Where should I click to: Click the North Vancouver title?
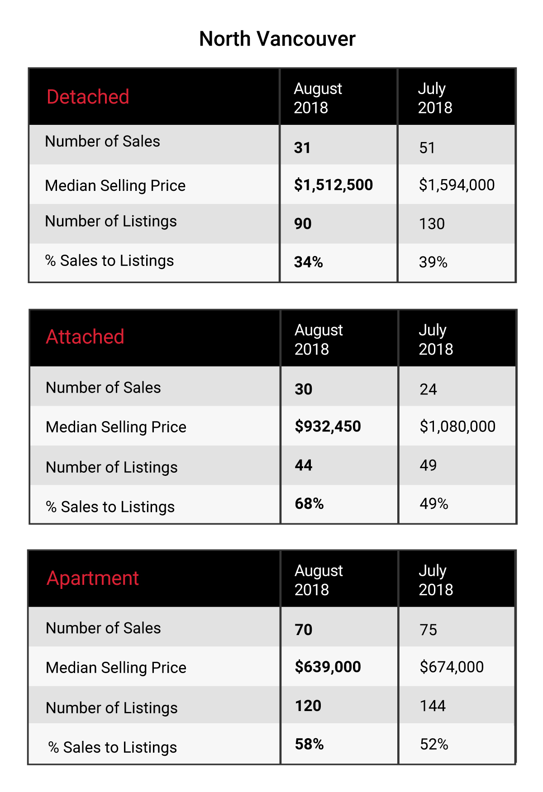(277, 39)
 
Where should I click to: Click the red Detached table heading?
(88, 97)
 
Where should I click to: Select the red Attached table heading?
(85, 337)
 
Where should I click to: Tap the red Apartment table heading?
(93, 579)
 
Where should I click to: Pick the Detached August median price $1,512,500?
(333, 185)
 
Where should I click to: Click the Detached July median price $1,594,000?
(457, 185)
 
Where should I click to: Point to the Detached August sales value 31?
(302, 148)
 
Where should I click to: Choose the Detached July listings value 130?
(432, 224)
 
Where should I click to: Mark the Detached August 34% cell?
(309, 262)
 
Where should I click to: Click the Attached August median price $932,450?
(328, 427)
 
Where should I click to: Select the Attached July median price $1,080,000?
(457, 427)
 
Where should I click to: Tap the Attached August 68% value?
(309, 504)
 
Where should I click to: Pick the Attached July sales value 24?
(428, 389)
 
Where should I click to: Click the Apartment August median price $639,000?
(328, 667)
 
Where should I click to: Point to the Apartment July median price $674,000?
(452, 667)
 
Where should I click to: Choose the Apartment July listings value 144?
(433, 706)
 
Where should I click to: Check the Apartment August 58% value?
(309, 745)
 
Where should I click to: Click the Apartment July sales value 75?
(428, 630)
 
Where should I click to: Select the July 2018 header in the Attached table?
(435, 340)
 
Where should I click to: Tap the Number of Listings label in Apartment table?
(112, 708)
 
